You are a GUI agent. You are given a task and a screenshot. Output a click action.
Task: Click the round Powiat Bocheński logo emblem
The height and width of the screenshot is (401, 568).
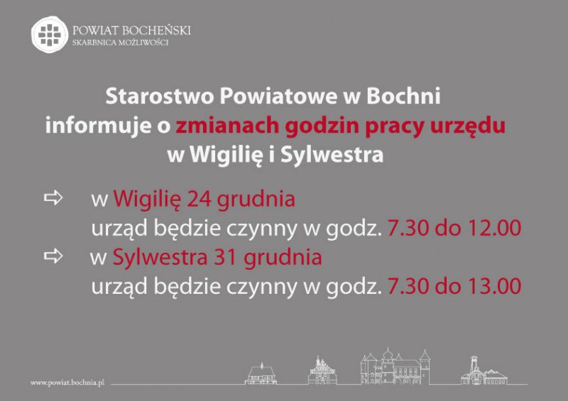coord(50,34)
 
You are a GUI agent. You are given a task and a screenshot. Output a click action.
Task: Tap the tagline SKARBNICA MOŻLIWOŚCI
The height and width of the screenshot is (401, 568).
coord(120,43)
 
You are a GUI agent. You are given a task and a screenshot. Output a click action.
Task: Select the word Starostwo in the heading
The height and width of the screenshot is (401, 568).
coord(159,96)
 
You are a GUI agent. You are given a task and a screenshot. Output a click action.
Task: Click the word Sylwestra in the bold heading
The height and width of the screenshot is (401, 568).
coord(332,155)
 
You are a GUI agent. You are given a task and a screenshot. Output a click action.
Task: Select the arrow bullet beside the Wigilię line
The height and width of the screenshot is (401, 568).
coord(53,198)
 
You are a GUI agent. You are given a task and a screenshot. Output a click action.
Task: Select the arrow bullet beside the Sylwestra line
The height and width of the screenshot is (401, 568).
coord(53,256)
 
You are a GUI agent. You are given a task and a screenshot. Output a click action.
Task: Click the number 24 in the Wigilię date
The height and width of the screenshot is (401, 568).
coord(199,199)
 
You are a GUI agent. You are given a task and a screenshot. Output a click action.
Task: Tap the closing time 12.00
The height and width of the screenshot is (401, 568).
coord(494,228)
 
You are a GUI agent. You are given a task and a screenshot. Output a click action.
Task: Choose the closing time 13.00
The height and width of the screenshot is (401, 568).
coord(494,286)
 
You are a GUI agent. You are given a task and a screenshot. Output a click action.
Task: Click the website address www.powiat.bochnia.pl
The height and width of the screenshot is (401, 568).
coord(67,383)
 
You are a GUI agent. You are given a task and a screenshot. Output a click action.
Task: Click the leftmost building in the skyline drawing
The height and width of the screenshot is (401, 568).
coord(261,373)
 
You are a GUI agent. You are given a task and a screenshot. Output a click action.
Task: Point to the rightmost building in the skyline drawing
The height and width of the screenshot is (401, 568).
coord(484,371)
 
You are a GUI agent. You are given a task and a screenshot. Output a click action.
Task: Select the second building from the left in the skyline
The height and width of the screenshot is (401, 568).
coord(322,370)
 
